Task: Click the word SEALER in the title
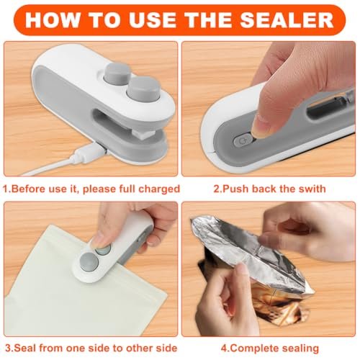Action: [x=287, y=19]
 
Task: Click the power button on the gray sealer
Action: [x=243, y=140]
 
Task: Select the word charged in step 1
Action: [x=159, y=189]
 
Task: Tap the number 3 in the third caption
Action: [x=8, y=348]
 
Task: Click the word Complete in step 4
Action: [x=254, y=348]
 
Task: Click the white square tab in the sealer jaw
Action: [x=142, y=135]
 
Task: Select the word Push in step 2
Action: [x=235, y=189]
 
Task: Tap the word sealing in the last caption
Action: [x=300, y=348]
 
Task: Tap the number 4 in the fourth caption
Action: [x=224, y=348]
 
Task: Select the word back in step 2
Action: [x=264, y=189]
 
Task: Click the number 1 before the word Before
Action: [x=6, y=189]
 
